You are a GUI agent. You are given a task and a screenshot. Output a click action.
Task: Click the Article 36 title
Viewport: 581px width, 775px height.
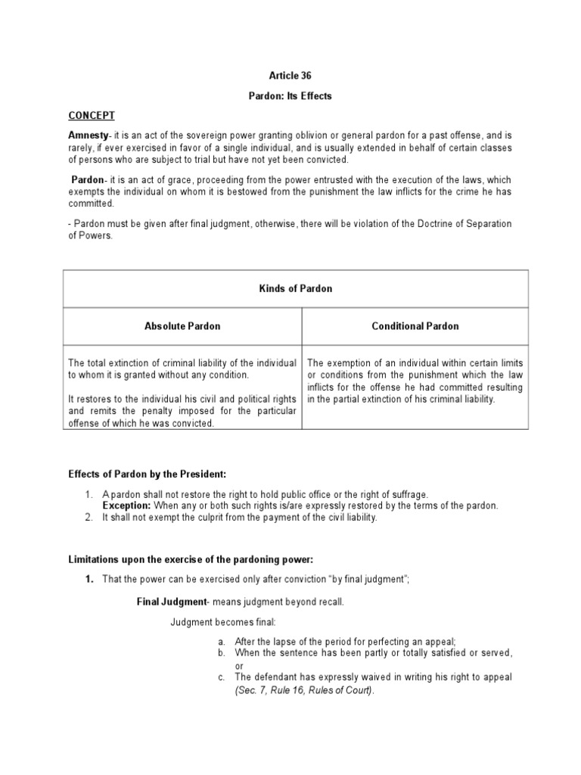290,76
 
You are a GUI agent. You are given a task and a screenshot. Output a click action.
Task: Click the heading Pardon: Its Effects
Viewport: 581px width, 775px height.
290,96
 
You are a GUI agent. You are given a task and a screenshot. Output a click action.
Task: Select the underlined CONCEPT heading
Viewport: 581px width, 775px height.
92,115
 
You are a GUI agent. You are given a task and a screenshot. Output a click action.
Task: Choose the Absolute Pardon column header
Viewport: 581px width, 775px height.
182,326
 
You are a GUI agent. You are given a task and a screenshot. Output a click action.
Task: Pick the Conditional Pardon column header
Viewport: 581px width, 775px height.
415,326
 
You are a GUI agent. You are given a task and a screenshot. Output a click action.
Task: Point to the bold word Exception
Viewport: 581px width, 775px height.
127,506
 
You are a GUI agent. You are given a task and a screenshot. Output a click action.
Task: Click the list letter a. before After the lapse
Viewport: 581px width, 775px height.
222,640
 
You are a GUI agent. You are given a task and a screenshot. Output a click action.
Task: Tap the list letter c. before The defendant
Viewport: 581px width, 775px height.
222,677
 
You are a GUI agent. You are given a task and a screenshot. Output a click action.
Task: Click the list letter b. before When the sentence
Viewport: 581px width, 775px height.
222,652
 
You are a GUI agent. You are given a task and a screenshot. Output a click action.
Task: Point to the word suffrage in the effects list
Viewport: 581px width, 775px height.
409,493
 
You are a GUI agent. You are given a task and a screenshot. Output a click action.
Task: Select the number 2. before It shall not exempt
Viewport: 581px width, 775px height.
88,518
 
